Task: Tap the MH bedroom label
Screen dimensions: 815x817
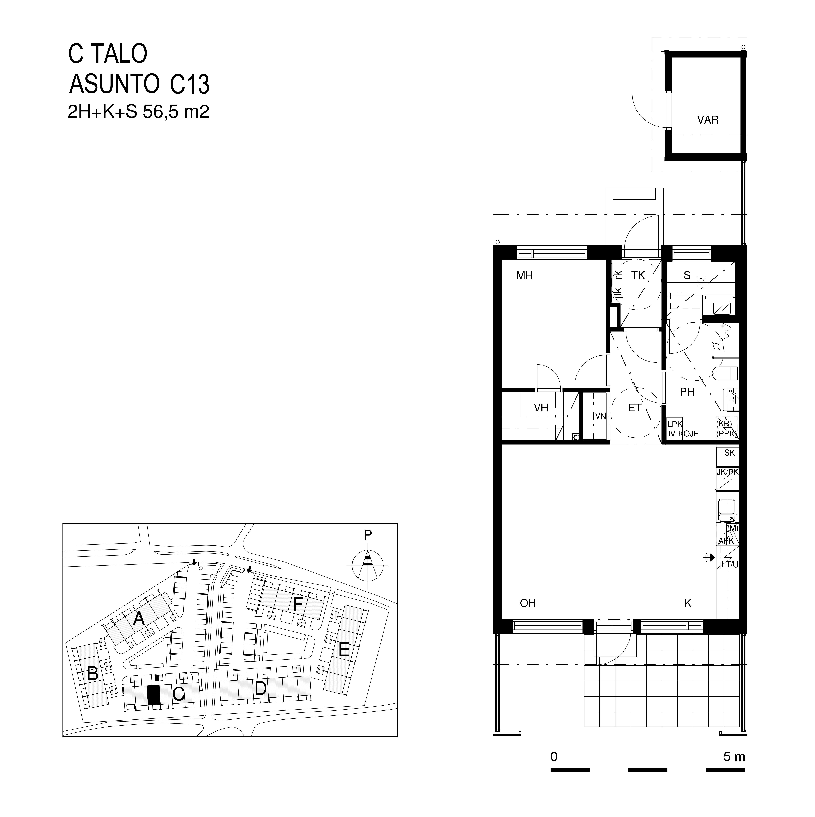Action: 524,276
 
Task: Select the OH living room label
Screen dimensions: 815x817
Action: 527,603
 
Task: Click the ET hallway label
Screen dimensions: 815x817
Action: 635,408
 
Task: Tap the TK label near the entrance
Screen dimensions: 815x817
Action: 638,276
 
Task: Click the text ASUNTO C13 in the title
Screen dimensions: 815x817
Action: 139,84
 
